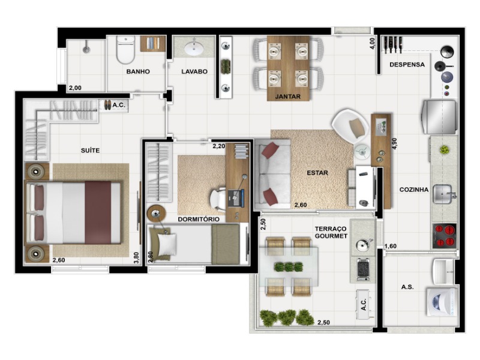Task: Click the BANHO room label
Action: pyautogui.click(x=137, y=71)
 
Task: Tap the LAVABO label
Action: pyautogui.click(x=194, y=71)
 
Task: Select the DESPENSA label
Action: pyautogui.click(x=407, y=65)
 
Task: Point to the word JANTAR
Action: pyautogui.click(x=287, y=96)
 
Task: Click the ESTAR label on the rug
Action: pyautogui.click(x=317, y=173)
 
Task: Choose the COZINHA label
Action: pyautogui.click(x=414, y=190)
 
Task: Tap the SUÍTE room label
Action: pyautogui.click(x=89, y=150)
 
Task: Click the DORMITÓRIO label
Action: pyautogui.click(x=199, y=219)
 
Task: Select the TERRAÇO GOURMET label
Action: pyautogui.click(x=331, y=233)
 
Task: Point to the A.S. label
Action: pyautogui.click(x=407, y=287)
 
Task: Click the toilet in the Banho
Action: pyautogui.click(x=126, y=51)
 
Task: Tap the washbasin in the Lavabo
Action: pyautogui.click(x=194, y=48)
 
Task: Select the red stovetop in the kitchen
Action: pyautogui.click(x=445, y=235)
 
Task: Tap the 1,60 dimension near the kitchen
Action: pyautogui.click(x=390, y=246)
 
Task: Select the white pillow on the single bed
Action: pyautogui.click(x=167, y=242)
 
